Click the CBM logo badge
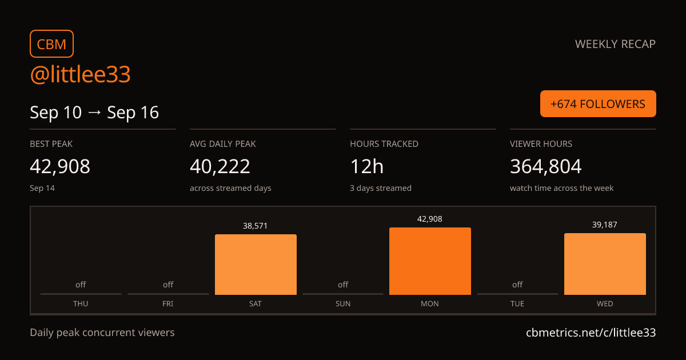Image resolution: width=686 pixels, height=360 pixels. point(52,44)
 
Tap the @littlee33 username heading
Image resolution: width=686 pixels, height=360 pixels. point(80,74)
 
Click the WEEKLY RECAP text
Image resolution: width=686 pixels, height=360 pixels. point(615,44)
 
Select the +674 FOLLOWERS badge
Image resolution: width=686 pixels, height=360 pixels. point(598,104)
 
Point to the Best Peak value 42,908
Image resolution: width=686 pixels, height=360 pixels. point(60,166)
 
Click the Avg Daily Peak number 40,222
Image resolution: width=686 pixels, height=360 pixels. point(220,166)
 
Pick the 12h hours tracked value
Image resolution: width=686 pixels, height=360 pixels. point(366,166)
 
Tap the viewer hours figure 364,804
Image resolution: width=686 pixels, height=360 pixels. point(546,166)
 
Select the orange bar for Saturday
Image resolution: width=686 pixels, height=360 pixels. point(256,265)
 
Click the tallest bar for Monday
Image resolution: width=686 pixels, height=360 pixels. point(430,261)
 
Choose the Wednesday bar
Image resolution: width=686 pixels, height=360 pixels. point(605,264)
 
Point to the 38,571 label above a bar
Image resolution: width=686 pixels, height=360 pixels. point(255,226)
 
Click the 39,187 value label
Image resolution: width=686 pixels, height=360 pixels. point(605,225)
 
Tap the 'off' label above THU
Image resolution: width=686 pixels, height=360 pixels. point(81,285)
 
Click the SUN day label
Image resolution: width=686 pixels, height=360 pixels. point(342,303)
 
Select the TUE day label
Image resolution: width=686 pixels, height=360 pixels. point(517,303)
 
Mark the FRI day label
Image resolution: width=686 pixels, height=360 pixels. point(168,303)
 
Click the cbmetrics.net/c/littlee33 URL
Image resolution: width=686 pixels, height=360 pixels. point(591,333)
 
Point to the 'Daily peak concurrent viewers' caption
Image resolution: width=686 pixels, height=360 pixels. point(102,333)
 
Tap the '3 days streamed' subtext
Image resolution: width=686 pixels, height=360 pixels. point(381,188)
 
